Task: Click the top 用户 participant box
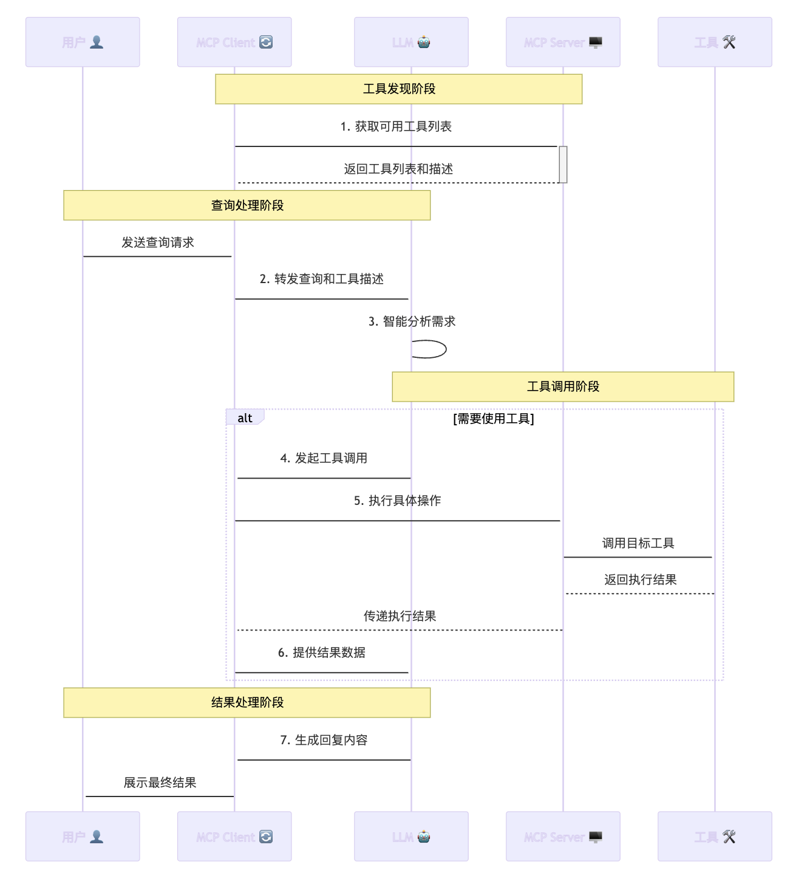(x=83, y=42)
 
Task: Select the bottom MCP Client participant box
(x=234, y=837)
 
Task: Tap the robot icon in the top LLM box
(x=424, y=42)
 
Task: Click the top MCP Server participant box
(x=563, y=42)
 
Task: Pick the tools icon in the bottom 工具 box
(x=729, y=837)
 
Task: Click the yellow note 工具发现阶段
(x=398, y=89)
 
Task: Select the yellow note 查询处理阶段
(x=247, y=205)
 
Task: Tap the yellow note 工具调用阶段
(x=563, y=386)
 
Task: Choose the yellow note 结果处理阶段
(x=247, y=702)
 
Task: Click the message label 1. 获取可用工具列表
(x=396, y=126)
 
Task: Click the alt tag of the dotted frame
(x=245, y=418)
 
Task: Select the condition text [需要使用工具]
(x=493, y=419)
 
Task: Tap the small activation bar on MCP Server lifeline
(x=563, y=164)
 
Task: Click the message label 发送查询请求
(x=157, y=242)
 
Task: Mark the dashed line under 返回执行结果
(x=639, y=594)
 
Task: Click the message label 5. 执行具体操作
(x=397, y=501)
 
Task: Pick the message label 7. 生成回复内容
(x=324, y=740)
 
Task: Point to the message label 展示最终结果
(x=160, y=783)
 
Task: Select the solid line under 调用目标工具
(x=638, y=557)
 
